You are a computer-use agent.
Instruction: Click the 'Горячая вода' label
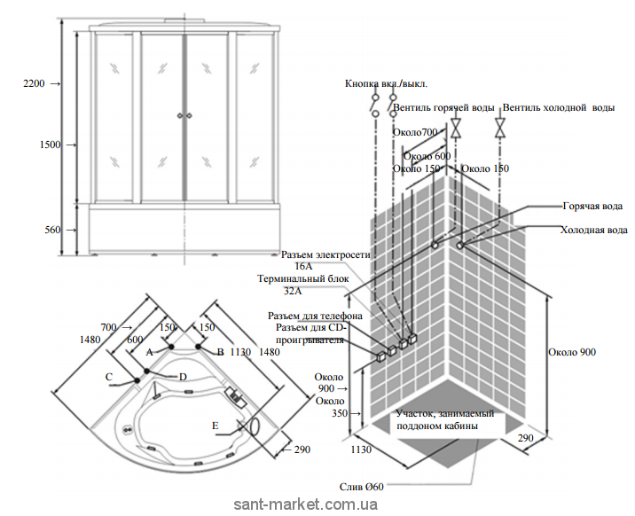[x=591, y=205]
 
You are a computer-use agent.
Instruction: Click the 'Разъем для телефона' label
[x=315, y=316]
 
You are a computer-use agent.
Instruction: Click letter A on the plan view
[x=149, y=351]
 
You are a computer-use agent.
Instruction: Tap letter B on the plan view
[x=220, y=352]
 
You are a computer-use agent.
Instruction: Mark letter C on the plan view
[x=108, y=377]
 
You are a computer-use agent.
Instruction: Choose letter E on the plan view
[x=216, y=426]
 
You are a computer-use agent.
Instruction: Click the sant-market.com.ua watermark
[x=306, y=504]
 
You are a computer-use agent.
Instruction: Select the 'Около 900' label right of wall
[x=572, y=352]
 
